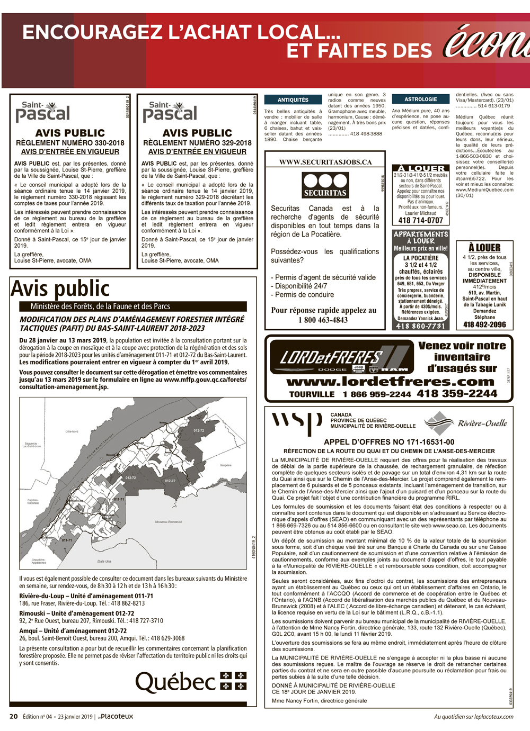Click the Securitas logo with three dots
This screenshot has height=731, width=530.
click(x=325, y=184)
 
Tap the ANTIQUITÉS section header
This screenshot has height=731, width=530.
click(x=293, y=100)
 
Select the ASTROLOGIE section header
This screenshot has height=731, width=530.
click(x=420, y=99)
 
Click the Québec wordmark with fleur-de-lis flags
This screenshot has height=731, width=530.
click(x=191, y=682)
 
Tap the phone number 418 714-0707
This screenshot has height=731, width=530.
click(x=420, y=220)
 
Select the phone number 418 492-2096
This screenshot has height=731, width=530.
click(x=484, y=324)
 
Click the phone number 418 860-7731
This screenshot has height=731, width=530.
click(x=420, y=326)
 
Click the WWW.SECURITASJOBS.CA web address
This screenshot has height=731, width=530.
click(x=325, y=162)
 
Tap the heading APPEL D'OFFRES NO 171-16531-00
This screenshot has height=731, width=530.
click(x=389, y=441)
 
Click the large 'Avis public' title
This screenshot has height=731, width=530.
click(x=60, y=288)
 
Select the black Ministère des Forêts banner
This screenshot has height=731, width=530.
click(x=132, y=306)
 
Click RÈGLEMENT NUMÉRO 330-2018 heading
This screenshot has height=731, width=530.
click(x=70, y=142)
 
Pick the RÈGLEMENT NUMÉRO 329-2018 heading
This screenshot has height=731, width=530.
click(x=197, y=142)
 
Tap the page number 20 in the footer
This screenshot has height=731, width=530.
click(x=14, y=716)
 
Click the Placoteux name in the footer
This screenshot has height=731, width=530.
click(x=117, y=716)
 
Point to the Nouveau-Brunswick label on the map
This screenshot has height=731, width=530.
click(x=169, y=521)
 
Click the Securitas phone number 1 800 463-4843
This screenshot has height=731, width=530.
click(x=323, y=320)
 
